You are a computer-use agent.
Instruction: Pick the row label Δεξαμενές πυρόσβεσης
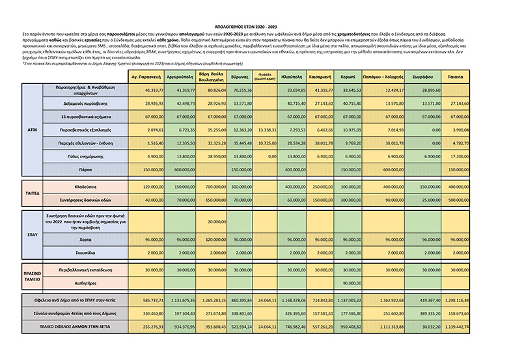coord(85,104)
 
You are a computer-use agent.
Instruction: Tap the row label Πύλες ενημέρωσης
coord(85,157)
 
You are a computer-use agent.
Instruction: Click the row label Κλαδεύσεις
coord(85,187)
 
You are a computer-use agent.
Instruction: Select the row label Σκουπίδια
coord(85,252)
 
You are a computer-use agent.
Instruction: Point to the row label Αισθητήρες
coord(85,283)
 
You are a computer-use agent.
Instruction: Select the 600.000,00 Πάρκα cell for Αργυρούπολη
coord(182,169)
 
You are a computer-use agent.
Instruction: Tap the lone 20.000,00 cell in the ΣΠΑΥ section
coord(214,221)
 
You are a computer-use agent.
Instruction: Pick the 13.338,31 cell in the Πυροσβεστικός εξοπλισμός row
coord(266,130)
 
